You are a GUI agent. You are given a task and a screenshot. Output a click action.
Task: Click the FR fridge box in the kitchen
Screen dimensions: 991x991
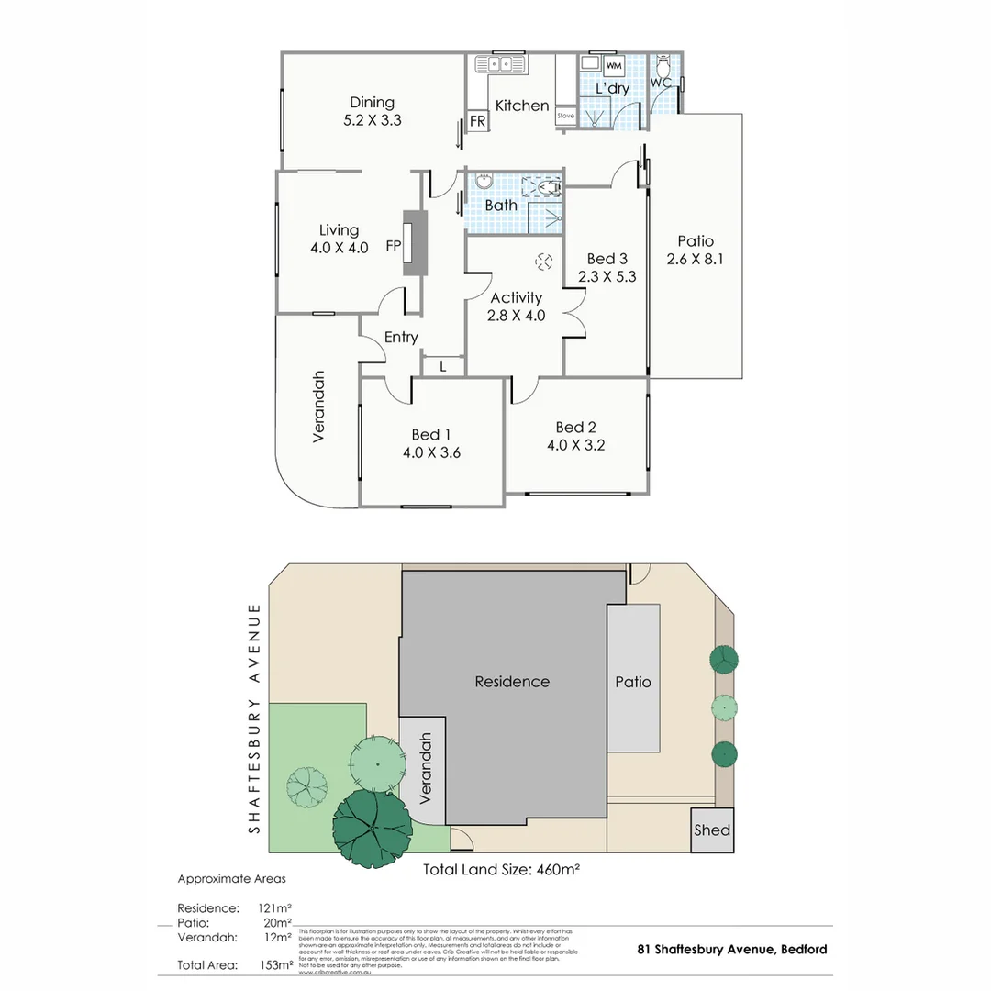pyautogui.click(x=477, y=121)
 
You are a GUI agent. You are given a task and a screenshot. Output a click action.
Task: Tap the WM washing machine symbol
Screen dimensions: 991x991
pyautogui.click(x=614, y=66)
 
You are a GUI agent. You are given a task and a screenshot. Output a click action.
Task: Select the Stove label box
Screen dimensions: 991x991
pyautogui.click(x=565, y=117)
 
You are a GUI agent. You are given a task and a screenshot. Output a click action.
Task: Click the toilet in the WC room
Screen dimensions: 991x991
pyautogui.click(x=663, y=68)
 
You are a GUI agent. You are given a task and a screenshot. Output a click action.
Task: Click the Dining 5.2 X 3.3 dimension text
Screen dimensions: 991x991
pyautogui.click(x=372, y=119)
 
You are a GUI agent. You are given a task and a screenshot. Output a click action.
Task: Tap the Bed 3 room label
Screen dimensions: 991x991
pyautogui.click(x=607, y=259)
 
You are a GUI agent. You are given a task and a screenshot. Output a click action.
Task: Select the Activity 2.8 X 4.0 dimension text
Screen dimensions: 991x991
pyautogui.click(x=517, y=315)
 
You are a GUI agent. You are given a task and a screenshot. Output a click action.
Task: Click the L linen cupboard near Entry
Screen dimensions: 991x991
pyautogui.click(x=443, y=366)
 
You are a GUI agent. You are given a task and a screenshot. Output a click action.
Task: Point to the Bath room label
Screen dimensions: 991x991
pyautogui.click(x=501, y=205)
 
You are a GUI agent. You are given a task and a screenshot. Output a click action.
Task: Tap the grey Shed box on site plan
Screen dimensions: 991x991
pyautogui.click(x=712, y=830)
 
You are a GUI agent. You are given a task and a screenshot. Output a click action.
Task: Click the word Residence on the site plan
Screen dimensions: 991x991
pyautogui.click(x=512, y=682)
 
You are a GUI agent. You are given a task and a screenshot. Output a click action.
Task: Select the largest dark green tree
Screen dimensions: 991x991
pyautogui.click(x=372, y=829)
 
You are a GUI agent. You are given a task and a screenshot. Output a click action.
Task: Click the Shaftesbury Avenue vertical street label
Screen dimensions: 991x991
pyautogui.click(x=255, y=718)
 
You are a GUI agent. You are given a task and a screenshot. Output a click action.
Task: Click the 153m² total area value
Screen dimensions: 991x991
pyautogui.click(x=276, y=965)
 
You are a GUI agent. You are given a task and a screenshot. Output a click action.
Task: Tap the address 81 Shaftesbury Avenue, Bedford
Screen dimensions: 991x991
pyautogui.click(x=731, y=950)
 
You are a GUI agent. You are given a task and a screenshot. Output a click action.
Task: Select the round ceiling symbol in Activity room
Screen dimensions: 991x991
pyautogui.click(x=544, y=262)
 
